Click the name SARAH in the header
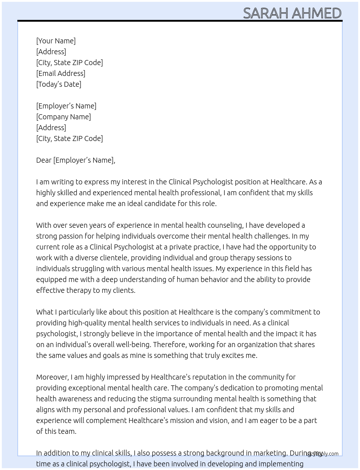(266, 13)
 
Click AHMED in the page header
(316, 13)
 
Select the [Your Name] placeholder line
(56, 41)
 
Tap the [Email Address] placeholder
(61, 73)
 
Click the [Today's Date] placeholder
(59, 84)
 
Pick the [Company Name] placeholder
(63, 117)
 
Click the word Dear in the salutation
(44, 160)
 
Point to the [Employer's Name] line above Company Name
(66, 106)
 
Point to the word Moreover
(52, 377)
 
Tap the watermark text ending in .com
(322, 454)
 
